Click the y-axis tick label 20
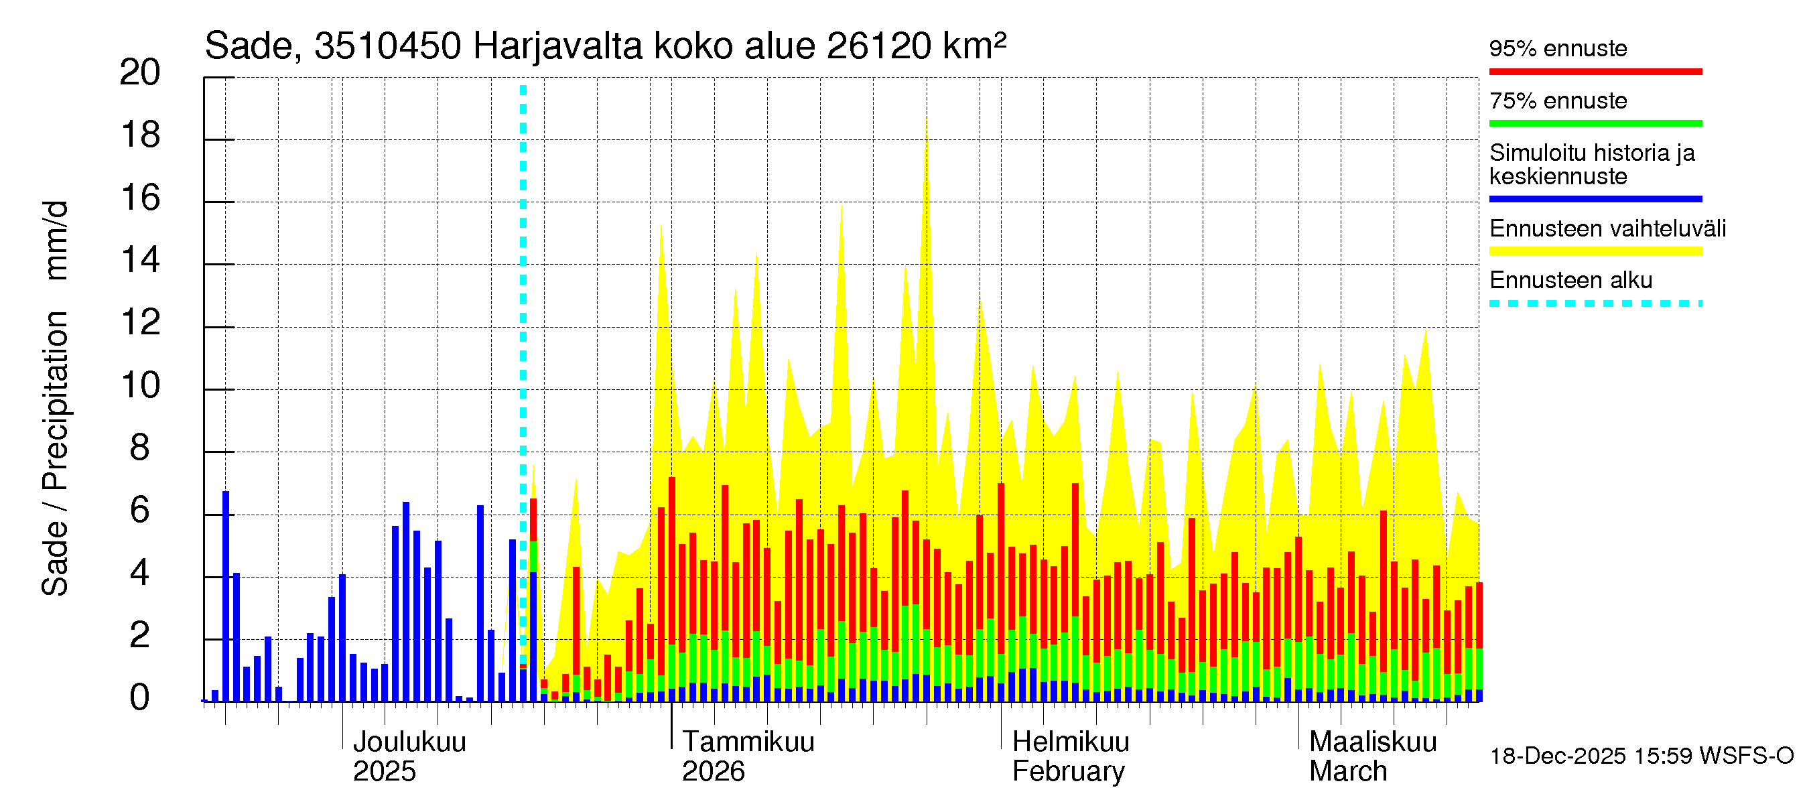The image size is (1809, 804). (140, 72)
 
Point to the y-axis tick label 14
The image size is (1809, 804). (140, 261)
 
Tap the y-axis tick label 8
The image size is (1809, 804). (140, 448)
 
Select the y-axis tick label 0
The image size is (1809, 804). (140, 698)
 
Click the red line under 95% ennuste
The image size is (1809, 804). (1595, 72)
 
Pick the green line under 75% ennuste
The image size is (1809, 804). (1595, 123)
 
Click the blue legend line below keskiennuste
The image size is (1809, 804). (1595, 200)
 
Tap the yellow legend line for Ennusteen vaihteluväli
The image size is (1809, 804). (1595, 251)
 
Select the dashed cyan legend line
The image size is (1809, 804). (1595, 304)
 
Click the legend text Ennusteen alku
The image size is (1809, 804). (1570, 280)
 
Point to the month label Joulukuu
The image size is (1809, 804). (409, 742)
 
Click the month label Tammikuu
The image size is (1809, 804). (748, 742)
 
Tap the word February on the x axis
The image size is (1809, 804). (1068, 772)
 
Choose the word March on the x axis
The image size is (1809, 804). (1347, 772)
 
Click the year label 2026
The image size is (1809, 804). (713, 772)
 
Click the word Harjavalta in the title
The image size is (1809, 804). (557, 46)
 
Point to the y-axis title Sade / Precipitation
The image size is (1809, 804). (56, 453)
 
